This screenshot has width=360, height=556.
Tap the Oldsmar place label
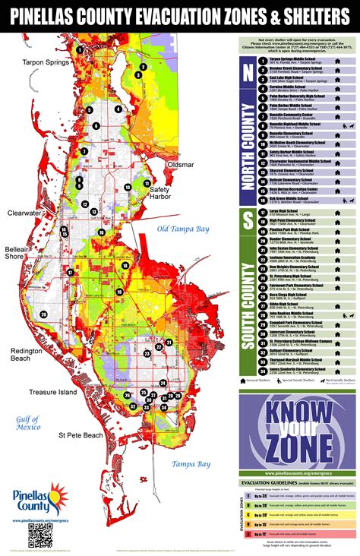pyautogui.click(x=181, y=164)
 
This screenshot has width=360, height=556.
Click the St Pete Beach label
pyautogui.click(x=81, y=435)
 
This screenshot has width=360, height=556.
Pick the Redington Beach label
pyautogui.click(x=27, y=355)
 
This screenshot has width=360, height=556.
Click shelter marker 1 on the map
pyautogui.click(x=141, y=66)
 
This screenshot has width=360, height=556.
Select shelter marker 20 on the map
pyautogui.click(x=43, y=314)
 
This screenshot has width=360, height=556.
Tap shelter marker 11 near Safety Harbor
pyautogui.click(x=147, y=184)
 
